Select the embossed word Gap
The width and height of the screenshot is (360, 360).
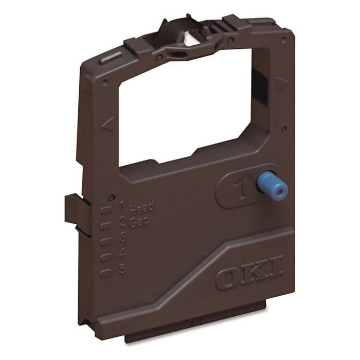pos(138,222)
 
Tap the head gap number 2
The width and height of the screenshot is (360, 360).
pos(122,222)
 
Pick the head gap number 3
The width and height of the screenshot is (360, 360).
pos(122,237)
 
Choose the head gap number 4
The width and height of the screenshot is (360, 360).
pos(122,253)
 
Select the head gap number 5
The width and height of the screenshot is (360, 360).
pos(122,268)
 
